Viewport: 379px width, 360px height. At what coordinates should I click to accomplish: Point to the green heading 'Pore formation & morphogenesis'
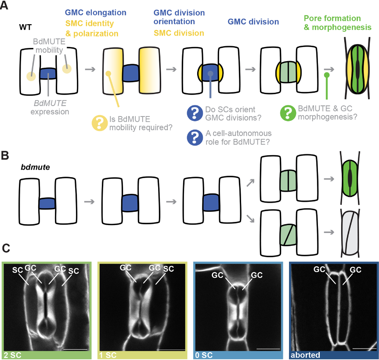pyautogui.click(x=337, y=23)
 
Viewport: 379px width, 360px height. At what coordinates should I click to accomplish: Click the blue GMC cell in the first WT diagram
pyautogui.click(x=48, y=73)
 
